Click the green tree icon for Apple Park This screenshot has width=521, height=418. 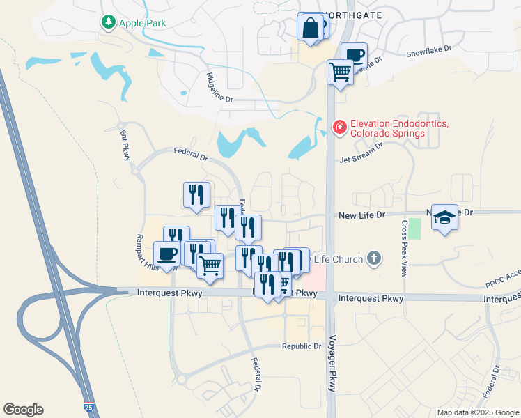[108, 22]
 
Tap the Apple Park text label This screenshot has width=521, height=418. [143, 23]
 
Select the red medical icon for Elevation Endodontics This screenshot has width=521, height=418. [339, 127]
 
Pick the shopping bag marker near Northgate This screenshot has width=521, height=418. [310, 29]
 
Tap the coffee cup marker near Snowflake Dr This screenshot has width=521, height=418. [354, 54]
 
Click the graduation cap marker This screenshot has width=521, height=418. [444, 217]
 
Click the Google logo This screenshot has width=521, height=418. [23, 410]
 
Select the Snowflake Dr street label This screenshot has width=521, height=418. [429, 51]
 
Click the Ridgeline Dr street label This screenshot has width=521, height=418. [221, 87]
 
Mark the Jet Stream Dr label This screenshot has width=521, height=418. [361, 154]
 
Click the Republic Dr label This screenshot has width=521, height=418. [302, 346]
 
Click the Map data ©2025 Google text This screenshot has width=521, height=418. [477, 412]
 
